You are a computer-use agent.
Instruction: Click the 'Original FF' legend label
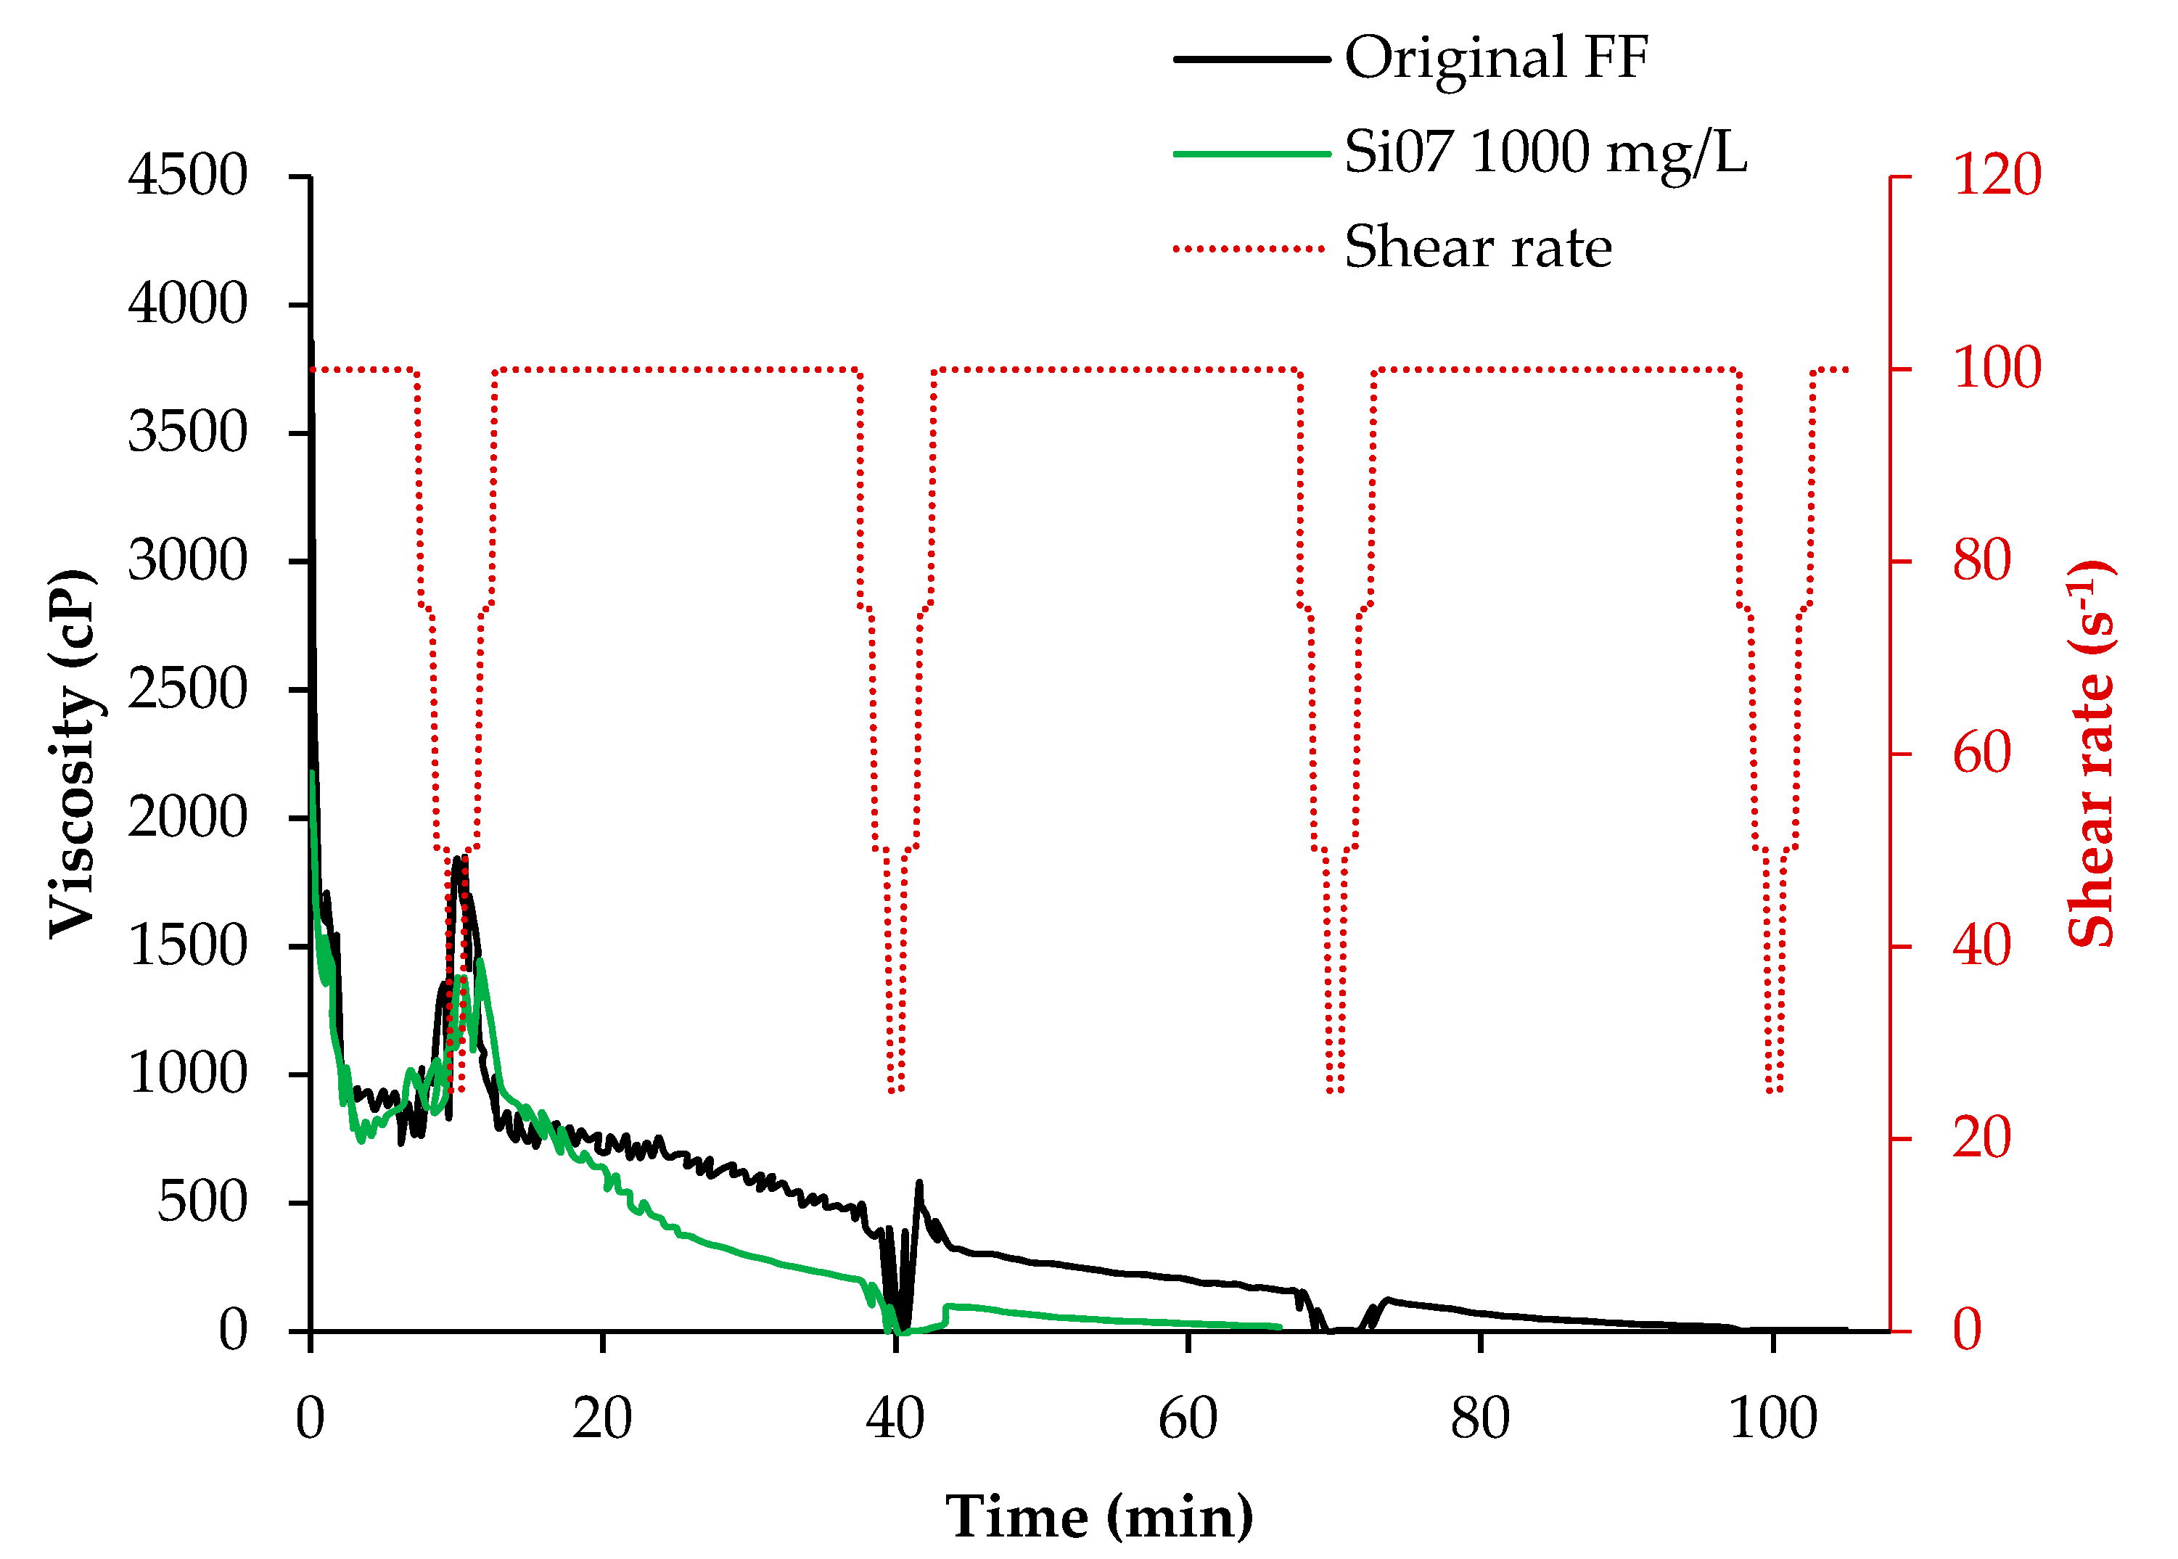tap(1495, 57)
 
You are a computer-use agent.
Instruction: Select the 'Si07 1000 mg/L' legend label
tap(1545, 152)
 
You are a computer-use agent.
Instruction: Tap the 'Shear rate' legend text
tap(1477, 247)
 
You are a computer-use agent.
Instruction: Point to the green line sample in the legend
tap(1251, 154)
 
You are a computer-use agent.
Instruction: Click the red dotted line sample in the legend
tap(1251, 249)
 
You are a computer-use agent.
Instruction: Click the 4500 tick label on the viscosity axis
tap(187, 176)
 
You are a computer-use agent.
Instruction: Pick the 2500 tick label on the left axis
tap(187, 689)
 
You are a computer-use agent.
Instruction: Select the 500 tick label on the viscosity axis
tap(202, 1202)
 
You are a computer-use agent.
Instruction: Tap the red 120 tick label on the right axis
tap(1997, 176)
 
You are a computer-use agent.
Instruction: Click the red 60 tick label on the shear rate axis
tap(1981, 754)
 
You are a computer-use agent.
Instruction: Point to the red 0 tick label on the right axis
tap(1967, 1330)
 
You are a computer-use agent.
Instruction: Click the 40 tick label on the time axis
tap(895, 1419)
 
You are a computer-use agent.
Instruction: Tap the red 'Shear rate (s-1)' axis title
tap(2092, 754)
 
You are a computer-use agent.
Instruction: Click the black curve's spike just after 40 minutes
tap(919, 1184)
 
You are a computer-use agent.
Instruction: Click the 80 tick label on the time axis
tap(1479, 1419)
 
